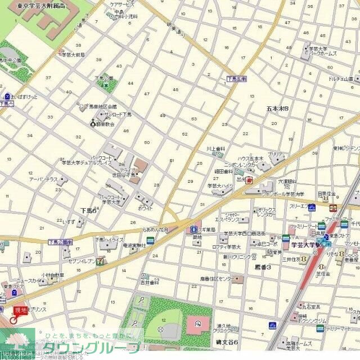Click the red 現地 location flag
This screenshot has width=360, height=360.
point(20,310)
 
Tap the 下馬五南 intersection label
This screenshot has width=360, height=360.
point(237,79)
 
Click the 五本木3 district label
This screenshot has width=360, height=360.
point(277,108)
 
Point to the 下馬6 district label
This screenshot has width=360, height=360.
point(88,209)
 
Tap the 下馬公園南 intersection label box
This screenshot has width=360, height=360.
point(60,242)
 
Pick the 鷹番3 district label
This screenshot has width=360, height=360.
point(263,267)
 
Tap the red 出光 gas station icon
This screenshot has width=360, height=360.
point(249,180)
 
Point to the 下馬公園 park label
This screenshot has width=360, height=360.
point(103,78)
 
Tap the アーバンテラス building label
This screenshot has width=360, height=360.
point(44,179)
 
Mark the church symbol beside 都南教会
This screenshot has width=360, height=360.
point(93,123)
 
